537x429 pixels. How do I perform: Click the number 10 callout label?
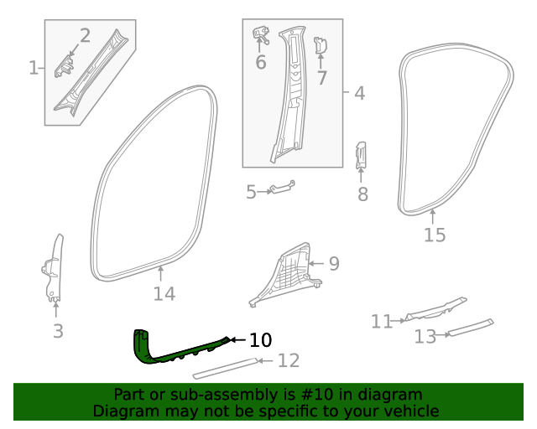[x=261, y=340]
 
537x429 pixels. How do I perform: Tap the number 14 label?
[x=164, y=294]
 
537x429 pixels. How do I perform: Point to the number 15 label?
[x=435, y=235]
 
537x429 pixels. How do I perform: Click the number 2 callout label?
[x=85, y=35]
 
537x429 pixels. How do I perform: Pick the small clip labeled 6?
[x=259, y=35]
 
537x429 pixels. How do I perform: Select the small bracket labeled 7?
[x=319, y=47]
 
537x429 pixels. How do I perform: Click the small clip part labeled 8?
[x=361, y=156]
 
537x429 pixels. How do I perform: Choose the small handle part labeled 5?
[x=280, y=190]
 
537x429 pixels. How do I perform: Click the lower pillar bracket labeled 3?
[x=53, y=268]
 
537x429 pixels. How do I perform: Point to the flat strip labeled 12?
[x=225, y=367]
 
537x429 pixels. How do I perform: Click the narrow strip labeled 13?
[x=470, y=328]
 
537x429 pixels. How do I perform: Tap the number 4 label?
[x=359, y=93]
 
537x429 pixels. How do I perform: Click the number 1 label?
[x=34, y=68]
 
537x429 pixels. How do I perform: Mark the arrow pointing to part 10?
[x=237, y=340]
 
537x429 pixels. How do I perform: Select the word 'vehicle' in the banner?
[x=409, y=411]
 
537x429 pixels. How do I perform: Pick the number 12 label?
[x=288, y=361]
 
